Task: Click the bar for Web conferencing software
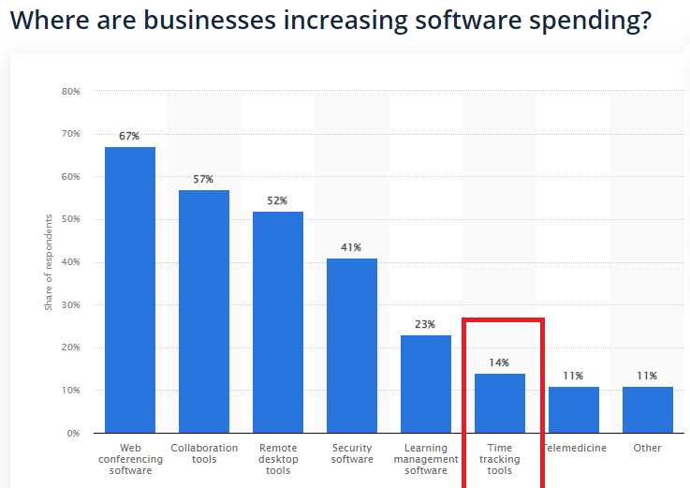click(x=129, y=289)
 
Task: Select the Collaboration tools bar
click(x=203, y=311)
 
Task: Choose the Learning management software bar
click(x=425, y=383)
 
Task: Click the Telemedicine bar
click(x=573, y=409)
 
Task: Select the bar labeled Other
click(x=647, y=409)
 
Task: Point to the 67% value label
click(x=129, y=136)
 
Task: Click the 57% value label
click(x=203, y=179)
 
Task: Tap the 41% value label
click(x=351, y=247)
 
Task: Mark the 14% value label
click(x=499, y=362)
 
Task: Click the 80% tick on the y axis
click(x=71, y=92)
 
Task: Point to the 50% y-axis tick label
click(x=71, y=219)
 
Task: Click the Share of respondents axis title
click(x=49, y=262)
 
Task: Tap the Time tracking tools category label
click(x=499, y=459)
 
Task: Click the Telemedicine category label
click(x=574, y=448)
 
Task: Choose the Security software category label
click(x=351, y=453)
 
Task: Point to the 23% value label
click(x=425, y=324)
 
